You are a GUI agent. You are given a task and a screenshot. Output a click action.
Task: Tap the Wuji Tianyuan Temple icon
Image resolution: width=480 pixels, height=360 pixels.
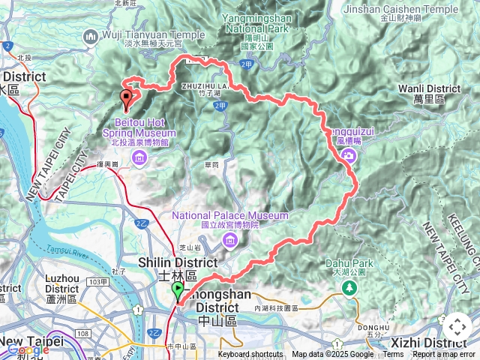pos(91,35)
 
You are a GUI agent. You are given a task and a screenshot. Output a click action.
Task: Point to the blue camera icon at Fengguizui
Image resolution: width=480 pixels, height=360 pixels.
pos(348,155)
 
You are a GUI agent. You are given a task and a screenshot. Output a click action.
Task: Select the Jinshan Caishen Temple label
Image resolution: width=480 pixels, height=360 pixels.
pos(410,10)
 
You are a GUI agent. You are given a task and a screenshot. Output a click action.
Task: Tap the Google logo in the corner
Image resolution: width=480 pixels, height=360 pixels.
pos(28,349)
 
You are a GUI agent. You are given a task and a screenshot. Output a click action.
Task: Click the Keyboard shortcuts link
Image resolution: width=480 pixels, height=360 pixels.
pos(250,355)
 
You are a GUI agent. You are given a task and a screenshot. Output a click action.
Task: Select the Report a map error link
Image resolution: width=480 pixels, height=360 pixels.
pos(443,355)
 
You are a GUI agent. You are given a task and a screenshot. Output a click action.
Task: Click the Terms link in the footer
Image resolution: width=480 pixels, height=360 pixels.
pos(393,355)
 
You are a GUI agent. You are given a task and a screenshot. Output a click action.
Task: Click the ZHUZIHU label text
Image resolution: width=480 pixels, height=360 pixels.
pos(199,85)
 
